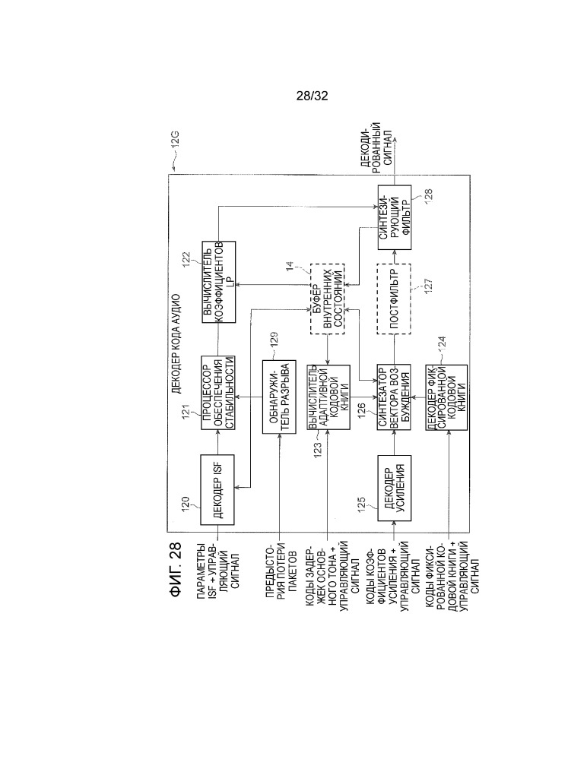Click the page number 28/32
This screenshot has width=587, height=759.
[x=312, y=96]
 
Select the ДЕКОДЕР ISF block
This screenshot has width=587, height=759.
[x=217, y=490]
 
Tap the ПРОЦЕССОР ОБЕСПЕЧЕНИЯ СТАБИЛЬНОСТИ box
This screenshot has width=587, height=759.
[x=218, y=393]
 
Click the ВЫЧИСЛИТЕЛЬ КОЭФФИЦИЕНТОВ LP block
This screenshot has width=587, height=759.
[x=218, y=282]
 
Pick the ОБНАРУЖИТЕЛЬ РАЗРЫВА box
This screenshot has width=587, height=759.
[x=279, y=397]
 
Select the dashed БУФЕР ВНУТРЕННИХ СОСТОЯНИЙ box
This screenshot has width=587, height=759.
[x=327, y=299]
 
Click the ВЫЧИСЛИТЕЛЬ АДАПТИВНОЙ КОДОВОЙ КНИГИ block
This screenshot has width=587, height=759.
[x=328, y=397]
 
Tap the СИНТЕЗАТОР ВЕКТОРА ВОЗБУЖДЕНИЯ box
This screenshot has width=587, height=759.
[x=394, y=397]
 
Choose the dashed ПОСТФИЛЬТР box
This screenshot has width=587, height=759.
[x=394, y=299]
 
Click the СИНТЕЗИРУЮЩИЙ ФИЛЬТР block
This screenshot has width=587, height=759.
[x=394, y=217]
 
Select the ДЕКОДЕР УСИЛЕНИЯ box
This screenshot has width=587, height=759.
[x=394, y=488]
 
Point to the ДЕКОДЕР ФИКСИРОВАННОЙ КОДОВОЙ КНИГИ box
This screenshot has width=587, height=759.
[x=446, y=397]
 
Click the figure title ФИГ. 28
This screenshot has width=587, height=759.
[x=176, y=569]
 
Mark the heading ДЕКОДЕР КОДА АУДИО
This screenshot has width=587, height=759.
[x=176, y=343]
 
